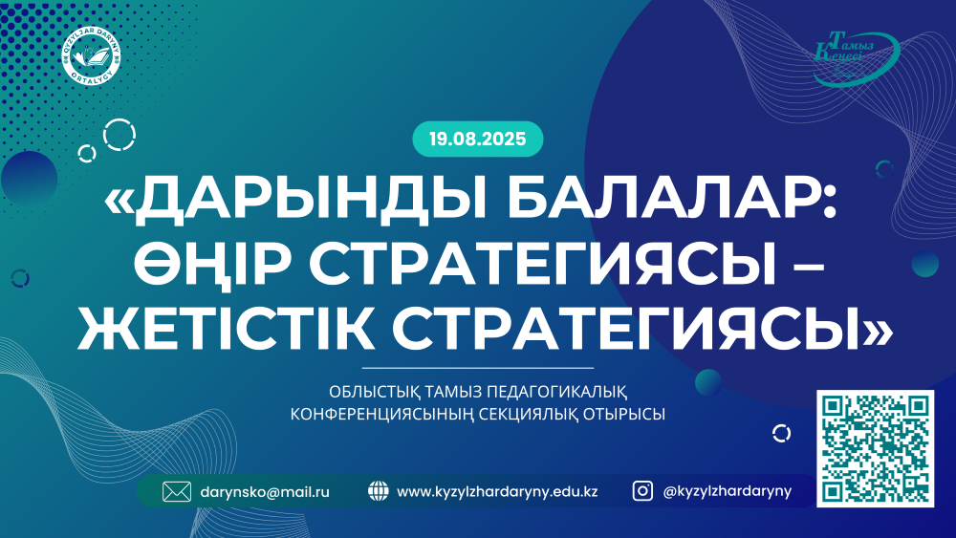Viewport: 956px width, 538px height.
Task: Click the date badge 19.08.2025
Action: click(x=477, y=139)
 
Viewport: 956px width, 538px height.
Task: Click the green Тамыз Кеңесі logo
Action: click(x=857, y=57)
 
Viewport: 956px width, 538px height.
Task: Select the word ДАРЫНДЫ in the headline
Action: click(x=295, y=201)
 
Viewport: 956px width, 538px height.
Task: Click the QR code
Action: click(x=875, y=448)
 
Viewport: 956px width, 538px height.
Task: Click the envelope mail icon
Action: click(x=177, y=492)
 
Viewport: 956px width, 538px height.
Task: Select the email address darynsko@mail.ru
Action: click(x=265, y=492)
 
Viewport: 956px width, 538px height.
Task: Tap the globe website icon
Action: click(x=378, y=491)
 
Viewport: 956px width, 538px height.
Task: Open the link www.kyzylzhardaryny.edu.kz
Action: click(x=497, y=492)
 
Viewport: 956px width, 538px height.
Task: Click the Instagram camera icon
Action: click(x=642, y=491)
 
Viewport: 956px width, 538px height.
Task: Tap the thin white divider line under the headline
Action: click(x=477, y=368)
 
